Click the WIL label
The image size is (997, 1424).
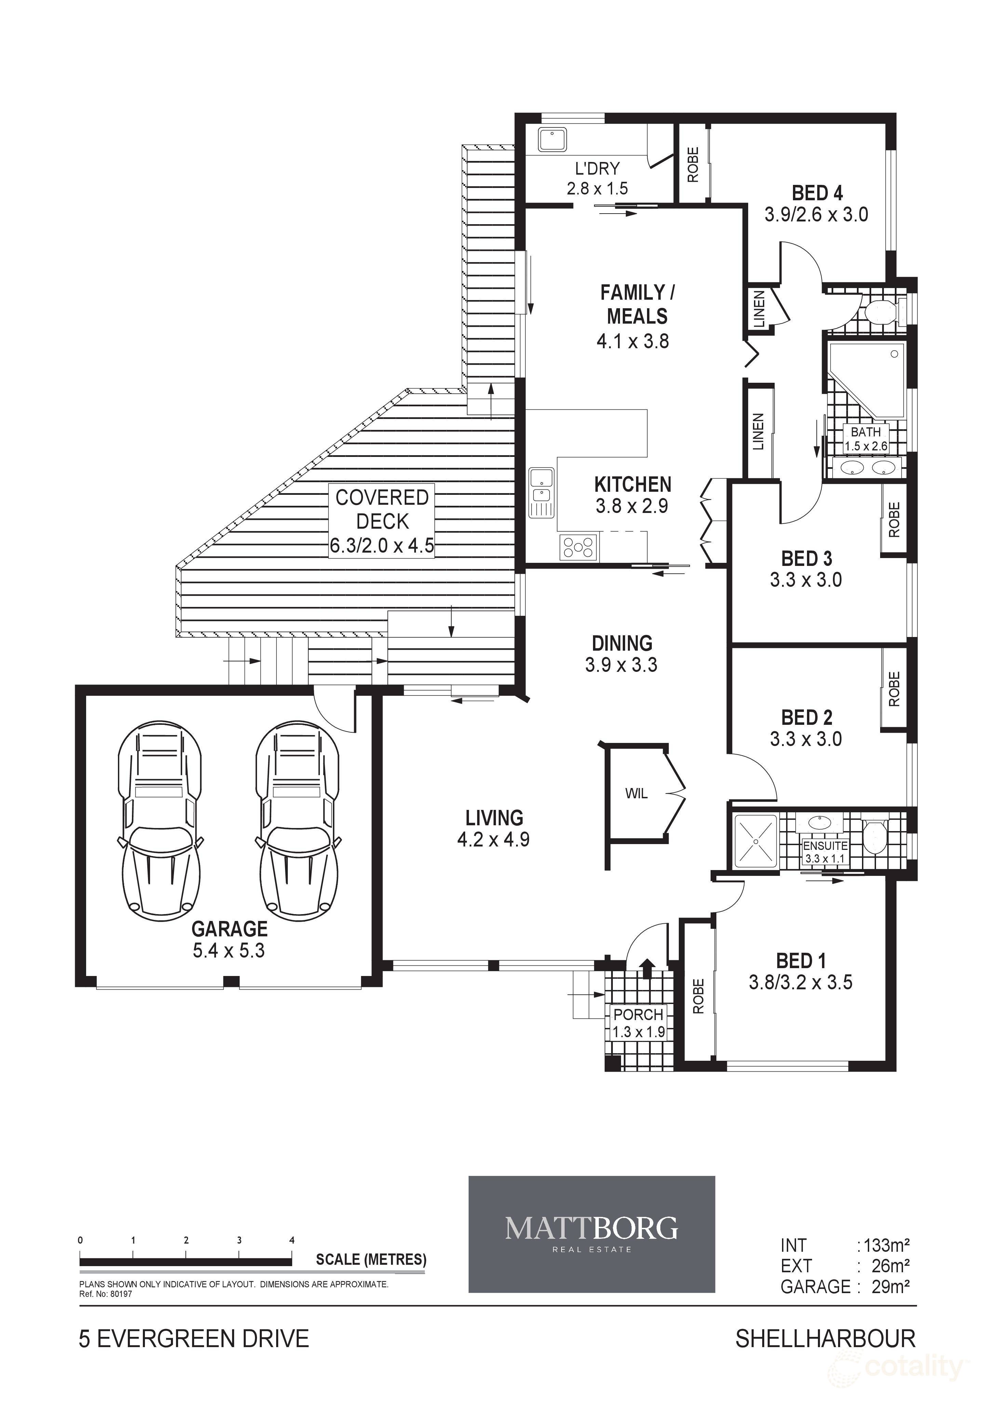pos(636,793)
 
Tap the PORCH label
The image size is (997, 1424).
pos(638,1015)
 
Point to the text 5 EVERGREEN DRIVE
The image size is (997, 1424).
pos(193,1339)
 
